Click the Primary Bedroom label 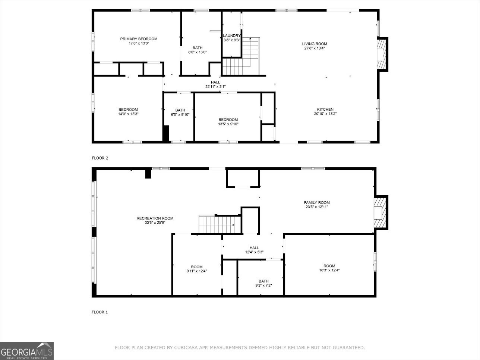coord(139,39)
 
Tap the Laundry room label coord(231,36)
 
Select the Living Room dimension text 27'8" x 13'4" coord(315,48)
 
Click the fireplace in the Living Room coord(381,54)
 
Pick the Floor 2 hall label coord(215,82)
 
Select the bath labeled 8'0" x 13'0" coord(198,50)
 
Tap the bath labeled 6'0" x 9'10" coord(180,112)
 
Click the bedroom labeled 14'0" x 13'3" coord(128,112)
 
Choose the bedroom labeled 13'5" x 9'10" coord(228,122)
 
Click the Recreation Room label coord(155,218)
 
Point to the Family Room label coord(316,203)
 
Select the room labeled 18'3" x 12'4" coord(329,268)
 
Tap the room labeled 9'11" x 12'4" coord(197,269)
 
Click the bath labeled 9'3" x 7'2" coord(263,283)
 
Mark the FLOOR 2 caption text coord(100,158)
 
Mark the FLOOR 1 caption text coord(100,312)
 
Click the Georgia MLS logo coord(27,351)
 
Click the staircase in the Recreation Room coord(216,224)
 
